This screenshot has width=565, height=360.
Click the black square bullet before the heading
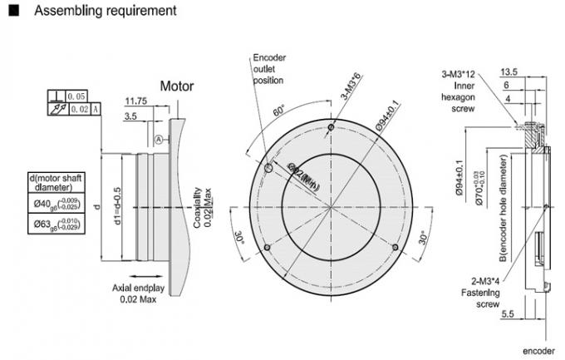point(13,11)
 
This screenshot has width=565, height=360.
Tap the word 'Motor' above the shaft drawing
point(177,86)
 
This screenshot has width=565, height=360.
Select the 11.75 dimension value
point(137,101)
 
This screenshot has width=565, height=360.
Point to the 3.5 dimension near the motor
point(131,118)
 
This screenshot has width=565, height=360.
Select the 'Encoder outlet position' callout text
point(268,69)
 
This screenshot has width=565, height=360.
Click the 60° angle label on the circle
point(279,110)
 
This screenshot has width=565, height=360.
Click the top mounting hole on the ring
point(332,126)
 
